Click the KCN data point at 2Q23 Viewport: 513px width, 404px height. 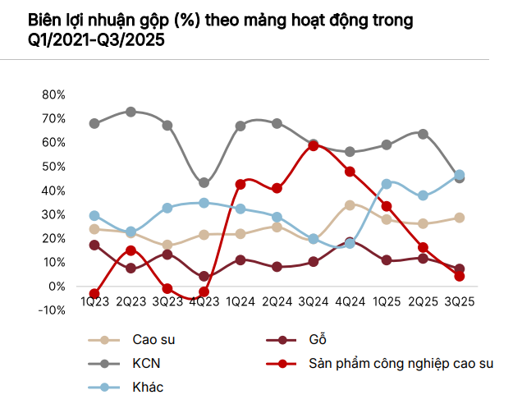[131, 112]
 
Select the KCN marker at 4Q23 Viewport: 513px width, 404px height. [204, 183]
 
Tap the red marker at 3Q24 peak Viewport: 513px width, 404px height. [314, 146]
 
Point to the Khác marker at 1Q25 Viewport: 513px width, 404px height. [387, 184]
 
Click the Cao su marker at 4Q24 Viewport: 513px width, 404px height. [350, 205]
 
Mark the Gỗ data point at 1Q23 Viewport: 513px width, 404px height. [94, 245]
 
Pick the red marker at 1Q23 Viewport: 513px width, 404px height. [94, 293]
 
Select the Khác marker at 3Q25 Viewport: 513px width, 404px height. [460, 175]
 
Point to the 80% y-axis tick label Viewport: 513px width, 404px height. [53, 94]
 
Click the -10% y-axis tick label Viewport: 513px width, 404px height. [52, 310]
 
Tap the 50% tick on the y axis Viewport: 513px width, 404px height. [53, 167]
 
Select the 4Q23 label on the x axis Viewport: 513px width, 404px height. [204, 301]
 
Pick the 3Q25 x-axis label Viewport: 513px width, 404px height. [459, 301]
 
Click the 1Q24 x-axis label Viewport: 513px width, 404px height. [240, 301]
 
